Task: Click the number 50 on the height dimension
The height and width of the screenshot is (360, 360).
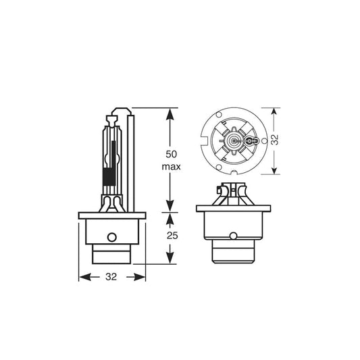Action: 170,152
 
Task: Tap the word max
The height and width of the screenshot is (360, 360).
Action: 170,165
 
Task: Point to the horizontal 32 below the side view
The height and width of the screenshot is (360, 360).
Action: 113,277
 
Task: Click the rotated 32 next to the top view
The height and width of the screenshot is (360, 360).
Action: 275,140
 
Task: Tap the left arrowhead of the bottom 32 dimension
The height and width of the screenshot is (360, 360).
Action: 83,277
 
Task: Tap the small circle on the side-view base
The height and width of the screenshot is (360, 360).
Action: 112,238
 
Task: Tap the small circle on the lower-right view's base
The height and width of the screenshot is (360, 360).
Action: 232,236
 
